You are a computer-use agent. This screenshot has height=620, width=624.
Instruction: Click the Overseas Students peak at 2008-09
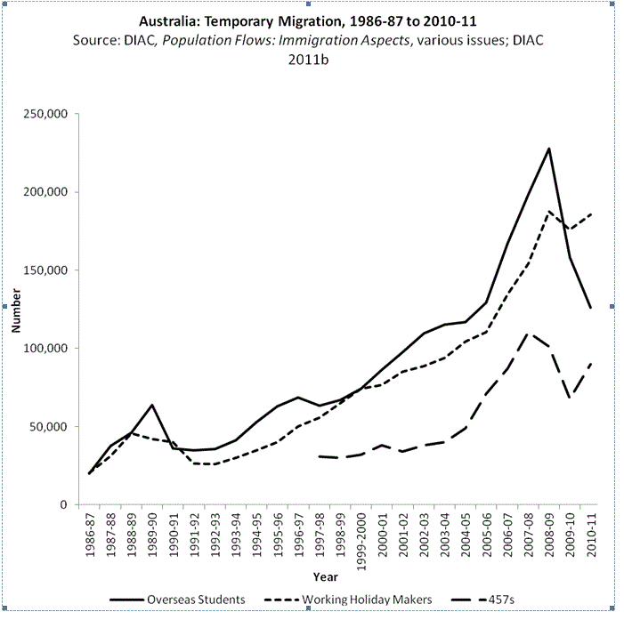(549, 149)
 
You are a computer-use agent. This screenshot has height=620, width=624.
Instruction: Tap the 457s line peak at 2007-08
(529, 334)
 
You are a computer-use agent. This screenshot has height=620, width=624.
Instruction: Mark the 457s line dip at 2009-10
(571, 399)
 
